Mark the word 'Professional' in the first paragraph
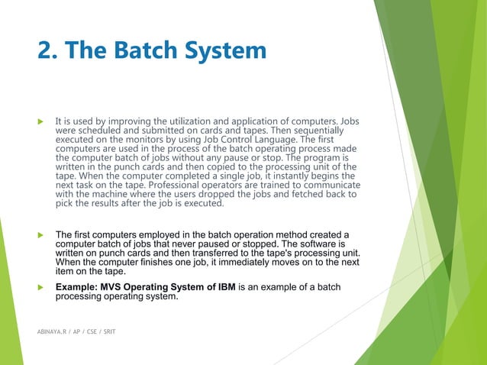coord(178,186)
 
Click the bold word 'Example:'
coord(79,287)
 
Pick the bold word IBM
coord(227,287)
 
